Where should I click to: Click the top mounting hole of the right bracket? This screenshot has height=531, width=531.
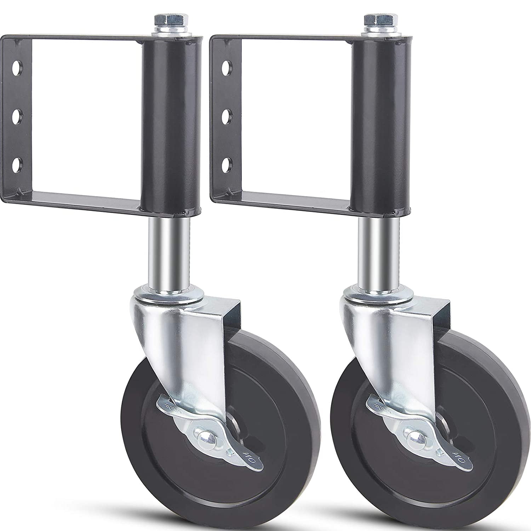[225, 67]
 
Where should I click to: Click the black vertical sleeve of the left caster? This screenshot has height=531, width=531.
[172, 124]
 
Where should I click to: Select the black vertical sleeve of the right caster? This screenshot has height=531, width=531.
[381, 124]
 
